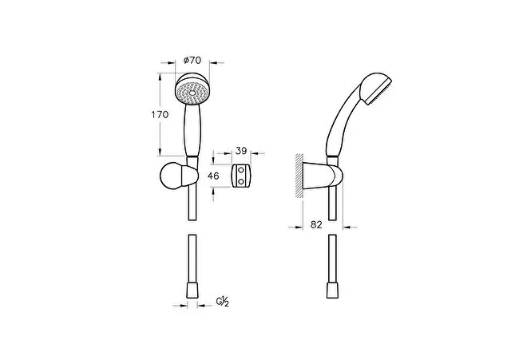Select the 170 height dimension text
(160, 115)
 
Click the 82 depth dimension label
(317, 226)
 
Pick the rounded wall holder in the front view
(177, 176)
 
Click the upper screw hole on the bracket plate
(241, 169)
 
